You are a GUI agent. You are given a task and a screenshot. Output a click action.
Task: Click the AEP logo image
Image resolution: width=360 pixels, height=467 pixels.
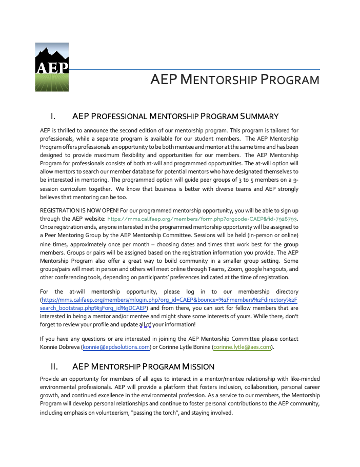pos(52,67)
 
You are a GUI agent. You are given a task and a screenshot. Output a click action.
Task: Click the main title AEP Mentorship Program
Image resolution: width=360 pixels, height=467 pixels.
pos(235,80)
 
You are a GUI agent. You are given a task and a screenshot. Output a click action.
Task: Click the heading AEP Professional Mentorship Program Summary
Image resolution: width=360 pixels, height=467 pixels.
pos(175,116)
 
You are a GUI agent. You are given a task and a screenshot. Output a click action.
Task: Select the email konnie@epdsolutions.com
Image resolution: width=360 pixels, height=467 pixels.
pos(116,347)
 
